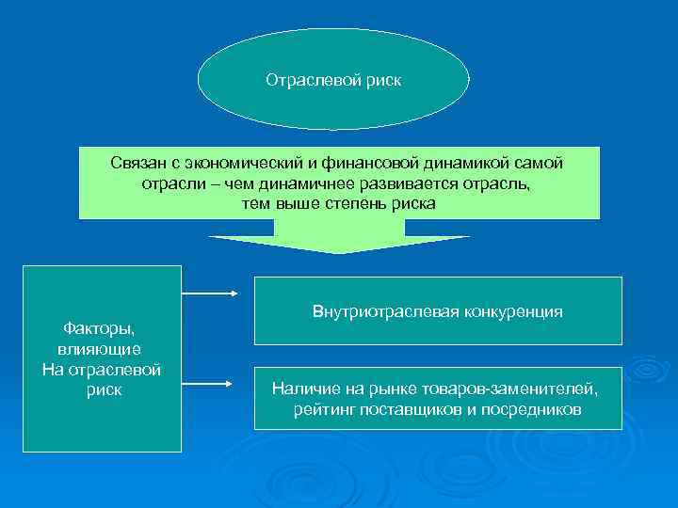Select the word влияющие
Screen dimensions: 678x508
coord(99,348)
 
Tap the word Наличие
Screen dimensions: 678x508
coord(300,389)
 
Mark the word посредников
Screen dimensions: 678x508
coord(533,409)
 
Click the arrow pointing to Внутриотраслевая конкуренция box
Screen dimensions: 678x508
coord(210,294)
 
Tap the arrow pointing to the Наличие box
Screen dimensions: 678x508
coord(210,384)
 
